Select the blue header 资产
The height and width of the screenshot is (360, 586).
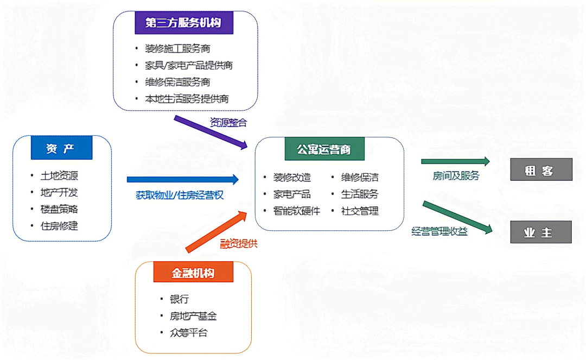61,148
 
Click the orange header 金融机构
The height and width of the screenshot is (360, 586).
193,273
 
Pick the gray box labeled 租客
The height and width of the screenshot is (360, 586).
541,169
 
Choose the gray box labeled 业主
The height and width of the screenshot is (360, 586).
541,232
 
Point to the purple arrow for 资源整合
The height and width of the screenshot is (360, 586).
211,132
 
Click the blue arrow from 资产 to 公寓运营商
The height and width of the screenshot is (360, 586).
182,179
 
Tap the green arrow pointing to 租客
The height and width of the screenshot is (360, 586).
455,161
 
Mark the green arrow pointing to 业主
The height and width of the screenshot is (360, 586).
457,218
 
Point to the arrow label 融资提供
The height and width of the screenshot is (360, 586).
238,244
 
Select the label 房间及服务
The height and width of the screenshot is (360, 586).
456,176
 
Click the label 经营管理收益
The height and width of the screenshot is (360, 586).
439,232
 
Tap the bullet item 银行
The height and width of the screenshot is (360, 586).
180,299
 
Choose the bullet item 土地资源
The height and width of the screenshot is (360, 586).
60,176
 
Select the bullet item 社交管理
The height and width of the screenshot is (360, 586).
360,211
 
